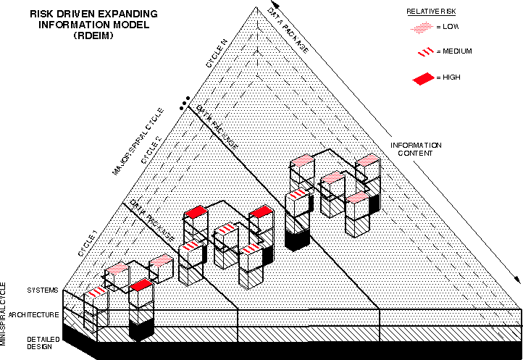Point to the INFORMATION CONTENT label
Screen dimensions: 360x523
tap(416, 149)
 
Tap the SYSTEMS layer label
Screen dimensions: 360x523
tap(43, 290)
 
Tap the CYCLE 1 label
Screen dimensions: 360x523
tap(87, 243)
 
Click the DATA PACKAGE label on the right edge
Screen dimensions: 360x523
tap(289, 31)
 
